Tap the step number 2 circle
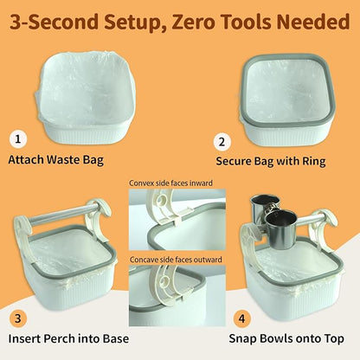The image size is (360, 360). tap(223, 142)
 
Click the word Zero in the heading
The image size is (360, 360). tap(206, 19)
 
